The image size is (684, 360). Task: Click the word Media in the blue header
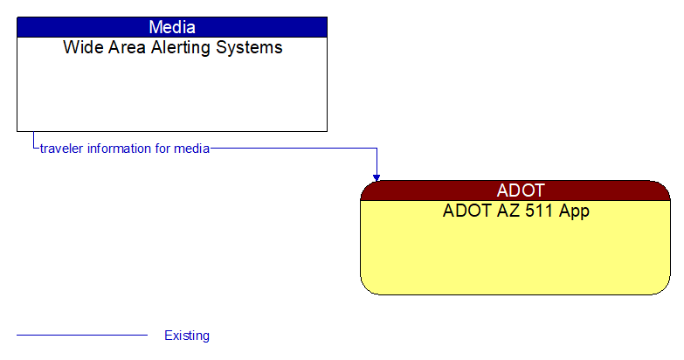pyautogui.click(x=172, y=27)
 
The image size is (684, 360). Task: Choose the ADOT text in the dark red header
pyautogui.click(x=520, y=190)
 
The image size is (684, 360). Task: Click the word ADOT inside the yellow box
pyautogui.click(x=466, y=211)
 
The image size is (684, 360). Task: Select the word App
pyautogui.click(x=573, y=211)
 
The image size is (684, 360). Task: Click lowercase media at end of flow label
pyautogui.click(x=192, y=149)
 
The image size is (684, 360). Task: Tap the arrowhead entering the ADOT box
pyautogui.click(x=377, y=177)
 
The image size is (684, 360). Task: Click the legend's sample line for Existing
pyautogui.click(x=82, y=335)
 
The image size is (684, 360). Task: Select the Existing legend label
pyautogui.click(x=187, y=336)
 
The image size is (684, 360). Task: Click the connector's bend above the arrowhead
pyautogui.click(x=377, y=149)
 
